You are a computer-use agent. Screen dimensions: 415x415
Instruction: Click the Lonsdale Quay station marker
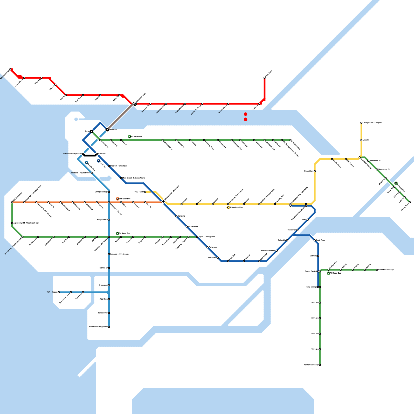point(135,104)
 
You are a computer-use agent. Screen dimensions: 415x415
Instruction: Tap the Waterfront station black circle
point(107,129)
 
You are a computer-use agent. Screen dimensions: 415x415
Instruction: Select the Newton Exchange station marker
point(320,365)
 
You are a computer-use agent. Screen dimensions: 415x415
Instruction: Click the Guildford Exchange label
point(386,270)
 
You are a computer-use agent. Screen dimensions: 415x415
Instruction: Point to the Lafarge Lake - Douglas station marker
point(361,123)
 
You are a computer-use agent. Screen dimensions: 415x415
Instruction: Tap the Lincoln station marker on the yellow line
point(361,140)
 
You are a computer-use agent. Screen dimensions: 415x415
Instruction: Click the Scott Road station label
point(321,240)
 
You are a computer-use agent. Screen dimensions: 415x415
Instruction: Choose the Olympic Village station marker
point(109,192)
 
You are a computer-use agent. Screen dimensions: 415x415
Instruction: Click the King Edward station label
point(102,219)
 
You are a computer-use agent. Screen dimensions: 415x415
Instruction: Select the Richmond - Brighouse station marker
point(109,327)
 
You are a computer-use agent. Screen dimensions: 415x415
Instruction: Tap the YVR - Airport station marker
point(59,292)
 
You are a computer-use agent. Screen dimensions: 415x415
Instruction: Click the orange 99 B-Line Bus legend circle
point(117,199)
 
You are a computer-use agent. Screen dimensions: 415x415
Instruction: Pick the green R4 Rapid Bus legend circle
point(117,233)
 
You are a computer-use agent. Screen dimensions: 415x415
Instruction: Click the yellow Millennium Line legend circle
point(228,208)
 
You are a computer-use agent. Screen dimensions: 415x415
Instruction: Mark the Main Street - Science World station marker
point(121,178)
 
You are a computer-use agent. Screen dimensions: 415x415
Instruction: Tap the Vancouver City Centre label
point(72,154)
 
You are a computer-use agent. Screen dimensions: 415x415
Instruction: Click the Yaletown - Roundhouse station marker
point(92,173)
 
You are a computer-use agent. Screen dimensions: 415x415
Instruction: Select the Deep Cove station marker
point(265,78)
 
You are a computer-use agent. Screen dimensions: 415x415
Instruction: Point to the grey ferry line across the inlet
point(121,117)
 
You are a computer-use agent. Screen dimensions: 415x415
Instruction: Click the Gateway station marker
point(318,256)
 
